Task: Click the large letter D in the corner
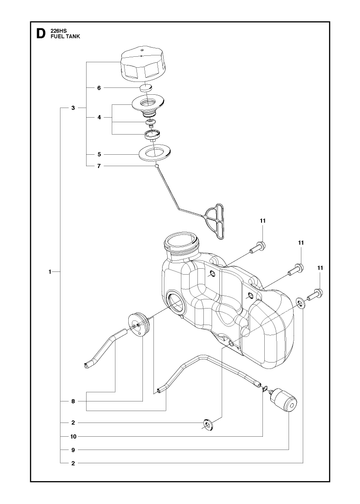40,34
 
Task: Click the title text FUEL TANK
65,37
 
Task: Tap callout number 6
99,88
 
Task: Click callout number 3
73,108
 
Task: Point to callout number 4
99,117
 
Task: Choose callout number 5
99,154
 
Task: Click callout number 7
99,166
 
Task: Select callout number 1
50,272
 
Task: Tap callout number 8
73,401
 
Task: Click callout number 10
73,436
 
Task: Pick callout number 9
73,450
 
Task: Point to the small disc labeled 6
145,88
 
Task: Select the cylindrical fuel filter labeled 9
283,400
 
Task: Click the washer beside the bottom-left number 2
208,425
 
